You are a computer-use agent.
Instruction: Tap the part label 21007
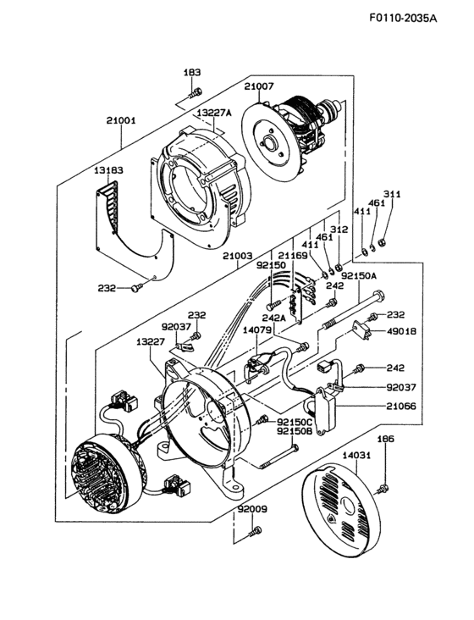[x=260, y=86]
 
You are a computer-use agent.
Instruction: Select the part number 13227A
[x=214, y=112]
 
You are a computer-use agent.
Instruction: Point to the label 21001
[x=121, y=120]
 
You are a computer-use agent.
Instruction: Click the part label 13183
[x=108, y=170]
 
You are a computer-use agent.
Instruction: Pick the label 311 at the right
[x=392, y=194]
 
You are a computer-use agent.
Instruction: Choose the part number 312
[x=339, y=229]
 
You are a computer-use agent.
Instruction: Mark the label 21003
[x=239, y=255]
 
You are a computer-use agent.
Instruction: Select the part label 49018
[x=402, y=331]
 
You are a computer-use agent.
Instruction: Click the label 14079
[x=257, y=329]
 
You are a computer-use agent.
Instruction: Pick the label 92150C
[x=295, y=421]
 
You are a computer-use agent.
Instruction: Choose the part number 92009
[x=251, y=511]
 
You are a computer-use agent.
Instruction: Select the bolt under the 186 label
[x=384, y=485]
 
